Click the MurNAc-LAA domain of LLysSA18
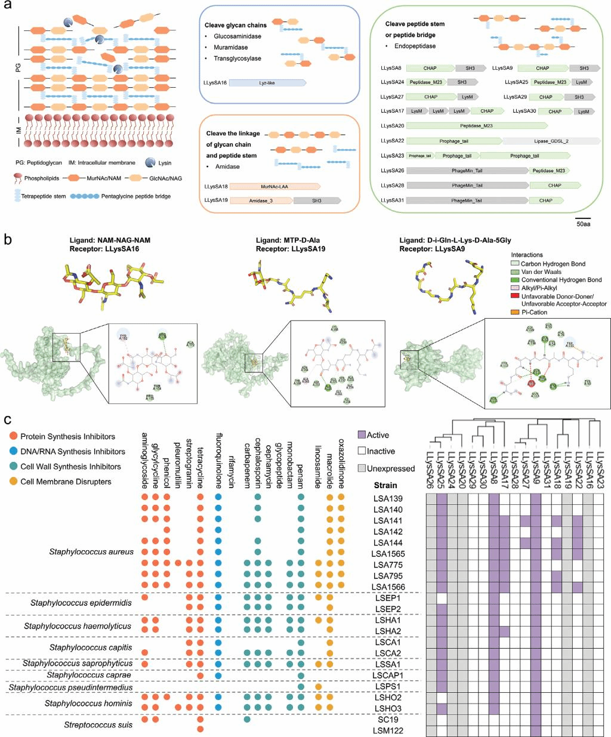(x=274, y=187)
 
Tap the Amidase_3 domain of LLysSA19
(x=261, y=201)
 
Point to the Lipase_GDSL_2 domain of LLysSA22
(x=551, y=141)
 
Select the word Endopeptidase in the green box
(x=415, y=46)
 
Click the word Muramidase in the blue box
(x=230, y=47)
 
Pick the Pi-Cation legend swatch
(x=515, y=312)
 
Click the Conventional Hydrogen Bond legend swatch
(x=515, y=280)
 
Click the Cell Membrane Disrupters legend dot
(x=13, y=482)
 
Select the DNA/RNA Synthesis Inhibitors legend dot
(x=13, y=452)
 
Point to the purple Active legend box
(x=362, y=435)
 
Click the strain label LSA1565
(x=388, y=554)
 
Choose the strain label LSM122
(x=388, y=730)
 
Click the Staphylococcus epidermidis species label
(x=81, y=603)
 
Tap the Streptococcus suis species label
(x=98, y=725)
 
